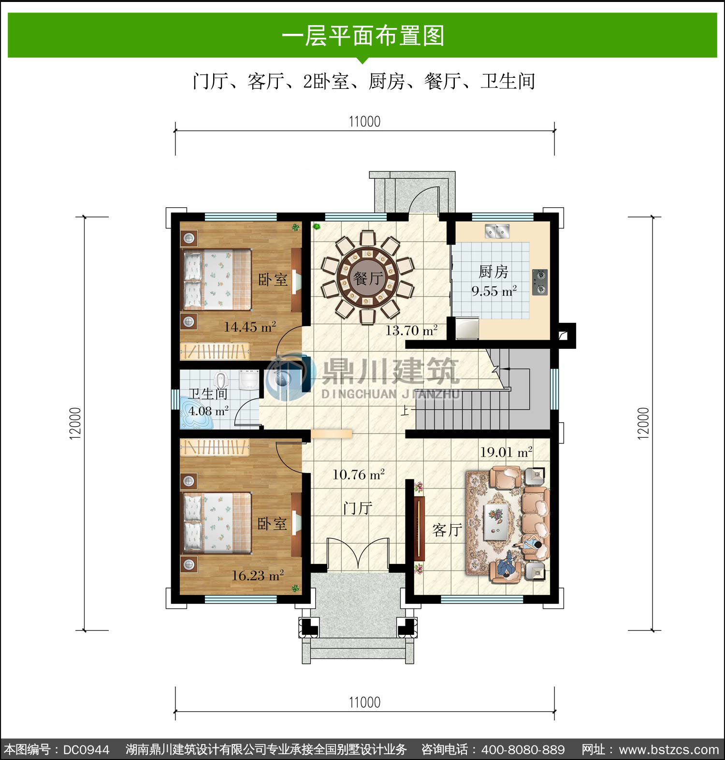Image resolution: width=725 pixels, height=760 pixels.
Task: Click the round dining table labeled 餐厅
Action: pos(368,277)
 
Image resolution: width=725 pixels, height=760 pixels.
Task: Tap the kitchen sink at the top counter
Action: pos(498,231)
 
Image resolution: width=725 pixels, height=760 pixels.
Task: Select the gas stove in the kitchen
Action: pos(540,282)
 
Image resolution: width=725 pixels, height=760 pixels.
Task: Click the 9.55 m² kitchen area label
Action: pos(494,291)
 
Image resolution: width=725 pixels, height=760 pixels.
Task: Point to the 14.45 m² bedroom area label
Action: pos(249,327)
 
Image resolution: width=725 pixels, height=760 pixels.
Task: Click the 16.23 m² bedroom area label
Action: pos(257,575)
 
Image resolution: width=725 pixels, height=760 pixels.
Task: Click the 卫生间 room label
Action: pos(208,393)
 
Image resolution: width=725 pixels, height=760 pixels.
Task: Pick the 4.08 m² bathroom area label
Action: pos(208,411)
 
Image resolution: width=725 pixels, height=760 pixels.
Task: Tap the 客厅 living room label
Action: pos(447,530)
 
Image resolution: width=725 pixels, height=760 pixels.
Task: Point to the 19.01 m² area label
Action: pos(506,452)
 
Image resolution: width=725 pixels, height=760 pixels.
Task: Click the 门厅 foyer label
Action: pos(358,508)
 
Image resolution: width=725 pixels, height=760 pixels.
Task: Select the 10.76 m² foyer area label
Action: pos(358,474)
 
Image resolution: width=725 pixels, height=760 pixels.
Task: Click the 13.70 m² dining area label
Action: pos(411,330)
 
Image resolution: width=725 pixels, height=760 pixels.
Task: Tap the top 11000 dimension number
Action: pos(364,121)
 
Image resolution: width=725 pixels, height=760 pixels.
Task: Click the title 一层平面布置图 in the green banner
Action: pos(363,35)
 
